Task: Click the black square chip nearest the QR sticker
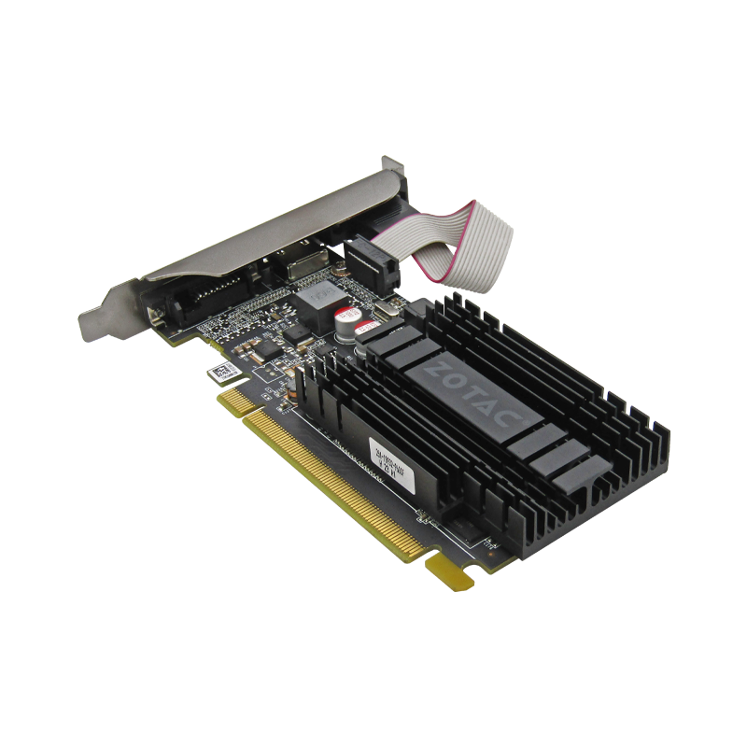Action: pos(269,350)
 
